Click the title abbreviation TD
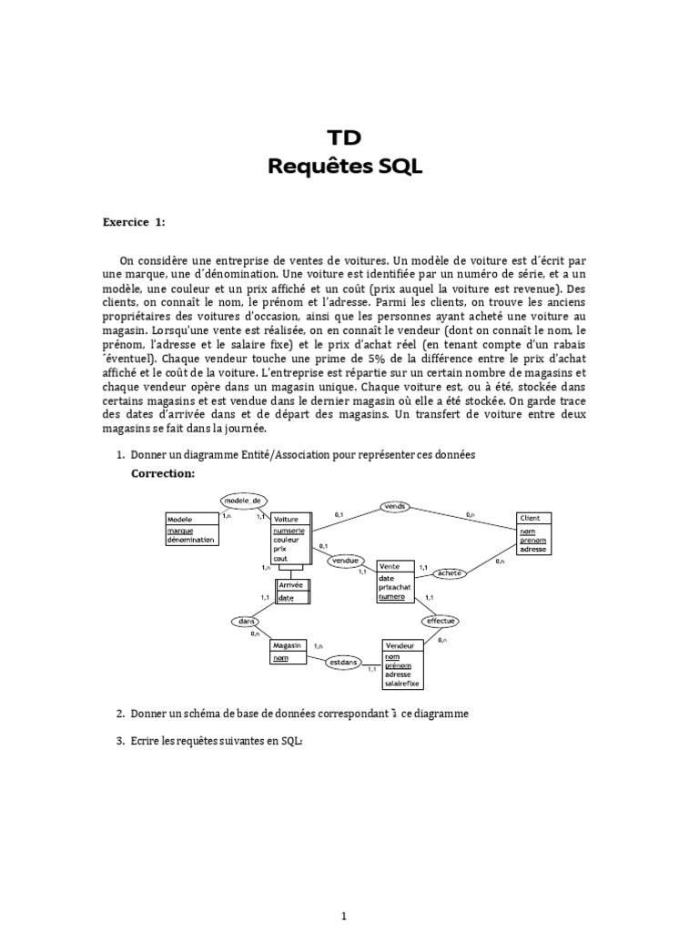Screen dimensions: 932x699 (345, 137)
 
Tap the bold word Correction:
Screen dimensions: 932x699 (163, 474)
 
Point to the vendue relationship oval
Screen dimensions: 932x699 (346, 560)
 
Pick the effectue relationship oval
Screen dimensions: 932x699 (440, 621)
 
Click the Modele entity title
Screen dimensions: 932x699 (180, 519)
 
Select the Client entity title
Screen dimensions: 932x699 (529, 518)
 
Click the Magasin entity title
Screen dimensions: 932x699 (287, 643)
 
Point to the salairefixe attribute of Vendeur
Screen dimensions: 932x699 (403, 683)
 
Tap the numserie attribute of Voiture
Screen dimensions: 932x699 (289, 530)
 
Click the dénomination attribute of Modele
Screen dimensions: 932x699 (191, 540)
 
